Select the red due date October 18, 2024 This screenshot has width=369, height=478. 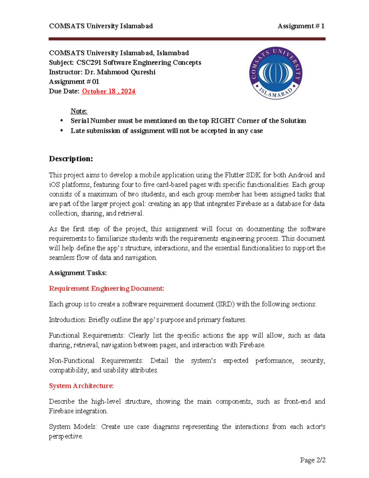109,91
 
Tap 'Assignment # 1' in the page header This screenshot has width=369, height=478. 301,26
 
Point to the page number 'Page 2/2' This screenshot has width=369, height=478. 313,460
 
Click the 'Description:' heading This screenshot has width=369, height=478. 71,159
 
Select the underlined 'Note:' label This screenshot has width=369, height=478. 79,111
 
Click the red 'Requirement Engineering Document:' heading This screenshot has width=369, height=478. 106,288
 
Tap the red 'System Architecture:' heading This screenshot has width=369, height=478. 81,386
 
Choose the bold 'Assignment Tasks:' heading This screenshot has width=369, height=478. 78,273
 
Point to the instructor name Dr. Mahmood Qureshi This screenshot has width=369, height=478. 120,72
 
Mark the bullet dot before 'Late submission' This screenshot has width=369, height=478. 62,131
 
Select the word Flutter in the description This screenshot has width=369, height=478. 234,175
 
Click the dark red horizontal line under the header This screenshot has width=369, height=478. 187,39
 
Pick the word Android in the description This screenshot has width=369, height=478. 300,175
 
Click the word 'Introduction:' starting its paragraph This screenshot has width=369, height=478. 67,320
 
